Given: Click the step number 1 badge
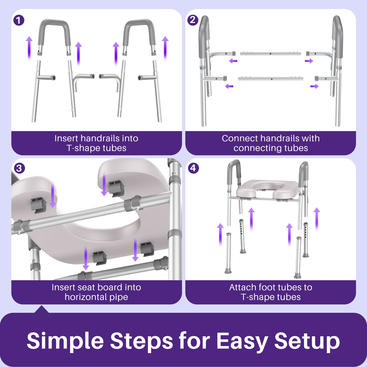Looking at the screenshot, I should pos(19,20).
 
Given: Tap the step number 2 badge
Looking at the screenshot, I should pos(193,20).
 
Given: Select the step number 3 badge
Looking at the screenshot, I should pos(19,168).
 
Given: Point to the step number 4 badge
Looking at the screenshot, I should pos(193,168).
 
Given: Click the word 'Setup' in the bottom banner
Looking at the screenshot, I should pos(307,341).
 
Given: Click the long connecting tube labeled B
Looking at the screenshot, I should pos(270,54).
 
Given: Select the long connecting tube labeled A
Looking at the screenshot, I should pos(271,79).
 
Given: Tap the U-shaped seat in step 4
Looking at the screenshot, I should pos(267,189).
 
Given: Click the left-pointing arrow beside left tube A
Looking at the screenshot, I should pos(229,86).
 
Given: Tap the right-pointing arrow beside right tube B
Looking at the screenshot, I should pos(309,61).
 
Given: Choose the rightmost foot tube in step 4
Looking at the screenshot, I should pos(306,240).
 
